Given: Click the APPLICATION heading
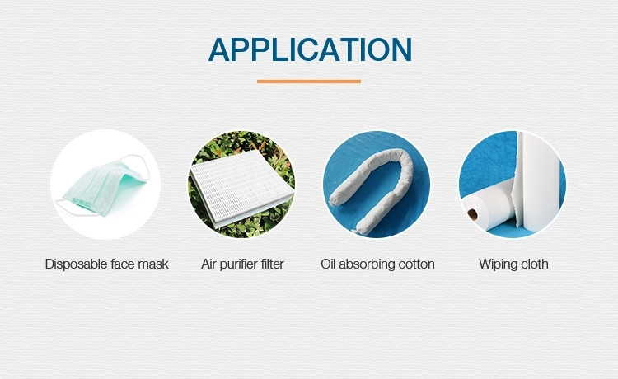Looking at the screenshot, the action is [x=310, y=49].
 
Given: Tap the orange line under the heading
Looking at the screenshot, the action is [x=309, y=82].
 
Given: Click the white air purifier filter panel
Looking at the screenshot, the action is [x=242, y=189].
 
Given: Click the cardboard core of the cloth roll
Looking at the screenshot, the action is [x=472, y=215].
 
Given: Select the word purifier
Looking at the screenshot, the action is [x=238, y=264].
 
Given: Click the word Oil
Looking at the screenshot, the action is [x=328, y=264].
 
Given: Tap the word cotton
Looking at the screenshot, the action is [x=417, y=264].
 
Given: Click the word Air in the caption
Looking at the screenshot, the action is [x=208, y=264].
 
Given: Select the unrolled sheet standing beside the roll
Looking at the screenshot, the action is [x=538, y=181].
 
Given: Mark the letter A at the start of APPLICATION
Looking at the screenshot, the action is [x=219, y=49].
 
